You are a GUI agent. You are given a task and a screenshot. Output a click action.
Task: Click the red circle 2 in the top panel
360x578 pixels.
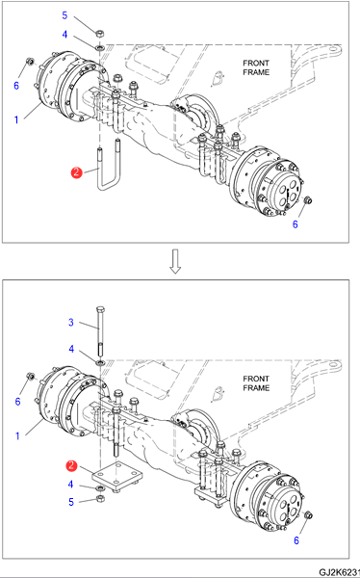(76, 172)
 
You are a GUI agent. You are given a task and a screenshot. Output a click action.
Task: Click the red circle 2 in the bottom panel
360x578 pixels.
(71, 466)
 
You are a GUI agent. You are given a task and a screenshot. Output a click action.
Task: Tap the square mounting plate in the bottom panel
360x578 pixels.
(117, 476)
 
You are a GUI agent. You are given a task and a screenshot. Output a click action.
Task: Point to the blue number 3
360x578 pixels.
(71, 323)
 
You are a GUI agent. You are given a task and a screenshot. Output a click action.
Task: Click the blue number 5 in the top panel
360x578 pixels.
(64, 15)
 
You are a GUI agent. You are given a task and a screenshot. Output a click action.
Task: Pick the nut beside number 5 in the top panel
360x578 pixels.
(99, 34)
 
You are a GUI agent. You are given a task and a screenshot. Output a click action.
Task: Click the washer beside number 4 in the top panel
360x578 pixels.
(99, 47)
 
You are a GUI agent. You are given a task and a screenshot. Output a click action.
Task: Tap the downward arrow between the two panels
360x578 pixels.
(175, 261)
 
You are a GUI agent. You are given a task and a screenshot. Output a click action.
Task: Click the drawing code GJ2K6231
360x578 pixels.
(339, 572)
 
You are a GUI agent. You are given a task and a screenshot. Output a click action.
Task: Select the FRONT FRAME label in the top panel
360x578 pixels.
(256, 67)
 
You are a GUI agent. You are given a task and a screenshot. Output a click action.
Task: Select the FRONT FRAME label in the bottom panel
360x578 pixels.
(256, 383)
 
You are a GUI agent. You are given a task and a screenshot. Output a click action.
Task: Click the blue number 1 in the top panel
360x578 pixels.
(16, 119)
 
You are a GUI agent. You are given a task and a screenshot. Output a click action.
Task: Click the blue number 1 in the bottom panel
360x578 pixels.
(17, 436)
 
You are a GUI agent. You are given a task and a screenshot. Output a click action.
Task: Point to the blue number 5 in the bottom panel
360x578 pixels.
(71, 502)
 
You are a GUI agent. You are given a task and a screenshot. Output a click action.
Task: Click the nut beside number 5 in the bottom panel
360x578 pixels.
(99, 499)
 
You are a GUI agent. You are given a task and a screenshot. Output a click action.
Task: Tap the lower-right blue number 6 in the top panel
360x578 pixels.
(296, 224)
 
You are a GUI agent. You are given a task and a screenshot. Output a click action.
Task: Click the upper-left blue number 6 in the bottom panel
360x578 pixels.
(17, 401)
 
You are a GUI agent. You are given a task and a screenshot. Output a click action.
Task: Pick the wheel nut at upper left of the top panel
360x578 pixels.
(30, 61)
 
